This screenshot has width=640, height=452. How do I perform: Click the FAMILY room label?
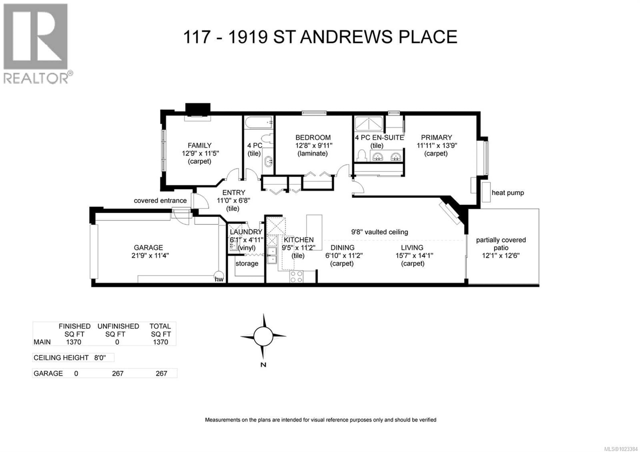pos(199,145)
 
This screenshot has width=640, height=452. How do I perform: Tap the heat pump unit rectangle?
pos(486,192)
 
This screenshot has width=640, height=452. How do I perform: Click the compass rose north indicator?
pos(263,336)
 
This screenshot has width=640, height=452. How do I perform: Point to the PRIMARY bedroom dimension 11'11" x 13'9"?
pos(436,145)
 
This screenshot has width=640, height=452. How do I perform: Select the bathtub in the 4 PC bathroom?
pos(258,123)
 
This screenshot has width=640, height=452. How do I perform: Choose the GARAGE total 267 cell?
pos(161,373)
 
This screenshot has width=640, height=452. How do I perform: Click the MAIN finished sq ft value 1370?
pos(74,342)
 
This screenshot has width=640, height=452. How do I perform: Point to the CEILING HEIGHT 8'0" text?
pos(70,357)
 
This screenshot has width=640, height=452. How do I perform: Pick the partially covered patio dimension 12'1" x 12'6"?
pos(501,255)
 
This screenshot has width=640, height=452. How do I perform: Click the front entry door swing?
pos(200,201)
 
